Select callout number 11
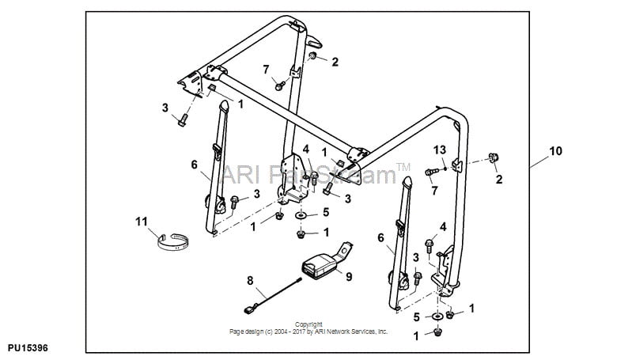coord(142,222)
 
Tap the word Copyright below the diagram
coord(308,324)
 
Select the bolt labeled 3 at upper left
coord(182,120)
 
